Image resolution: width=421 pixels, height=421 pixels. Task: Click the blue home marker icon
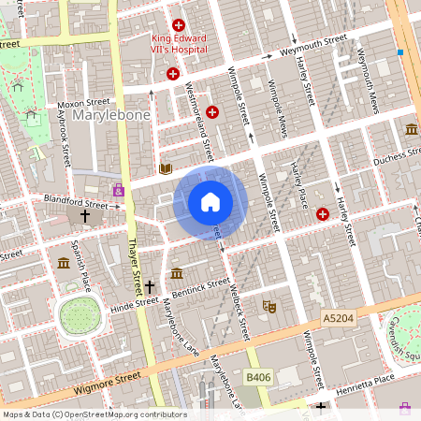210,202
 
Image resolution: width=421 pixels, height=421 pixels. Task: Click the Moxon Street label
84,101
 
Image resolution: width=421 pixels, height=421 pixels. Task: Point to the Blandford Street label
76,200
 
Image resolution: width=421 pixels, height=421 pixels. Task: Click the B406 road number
257,376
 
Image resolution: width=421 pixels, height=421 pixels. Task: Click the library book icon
166,168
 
